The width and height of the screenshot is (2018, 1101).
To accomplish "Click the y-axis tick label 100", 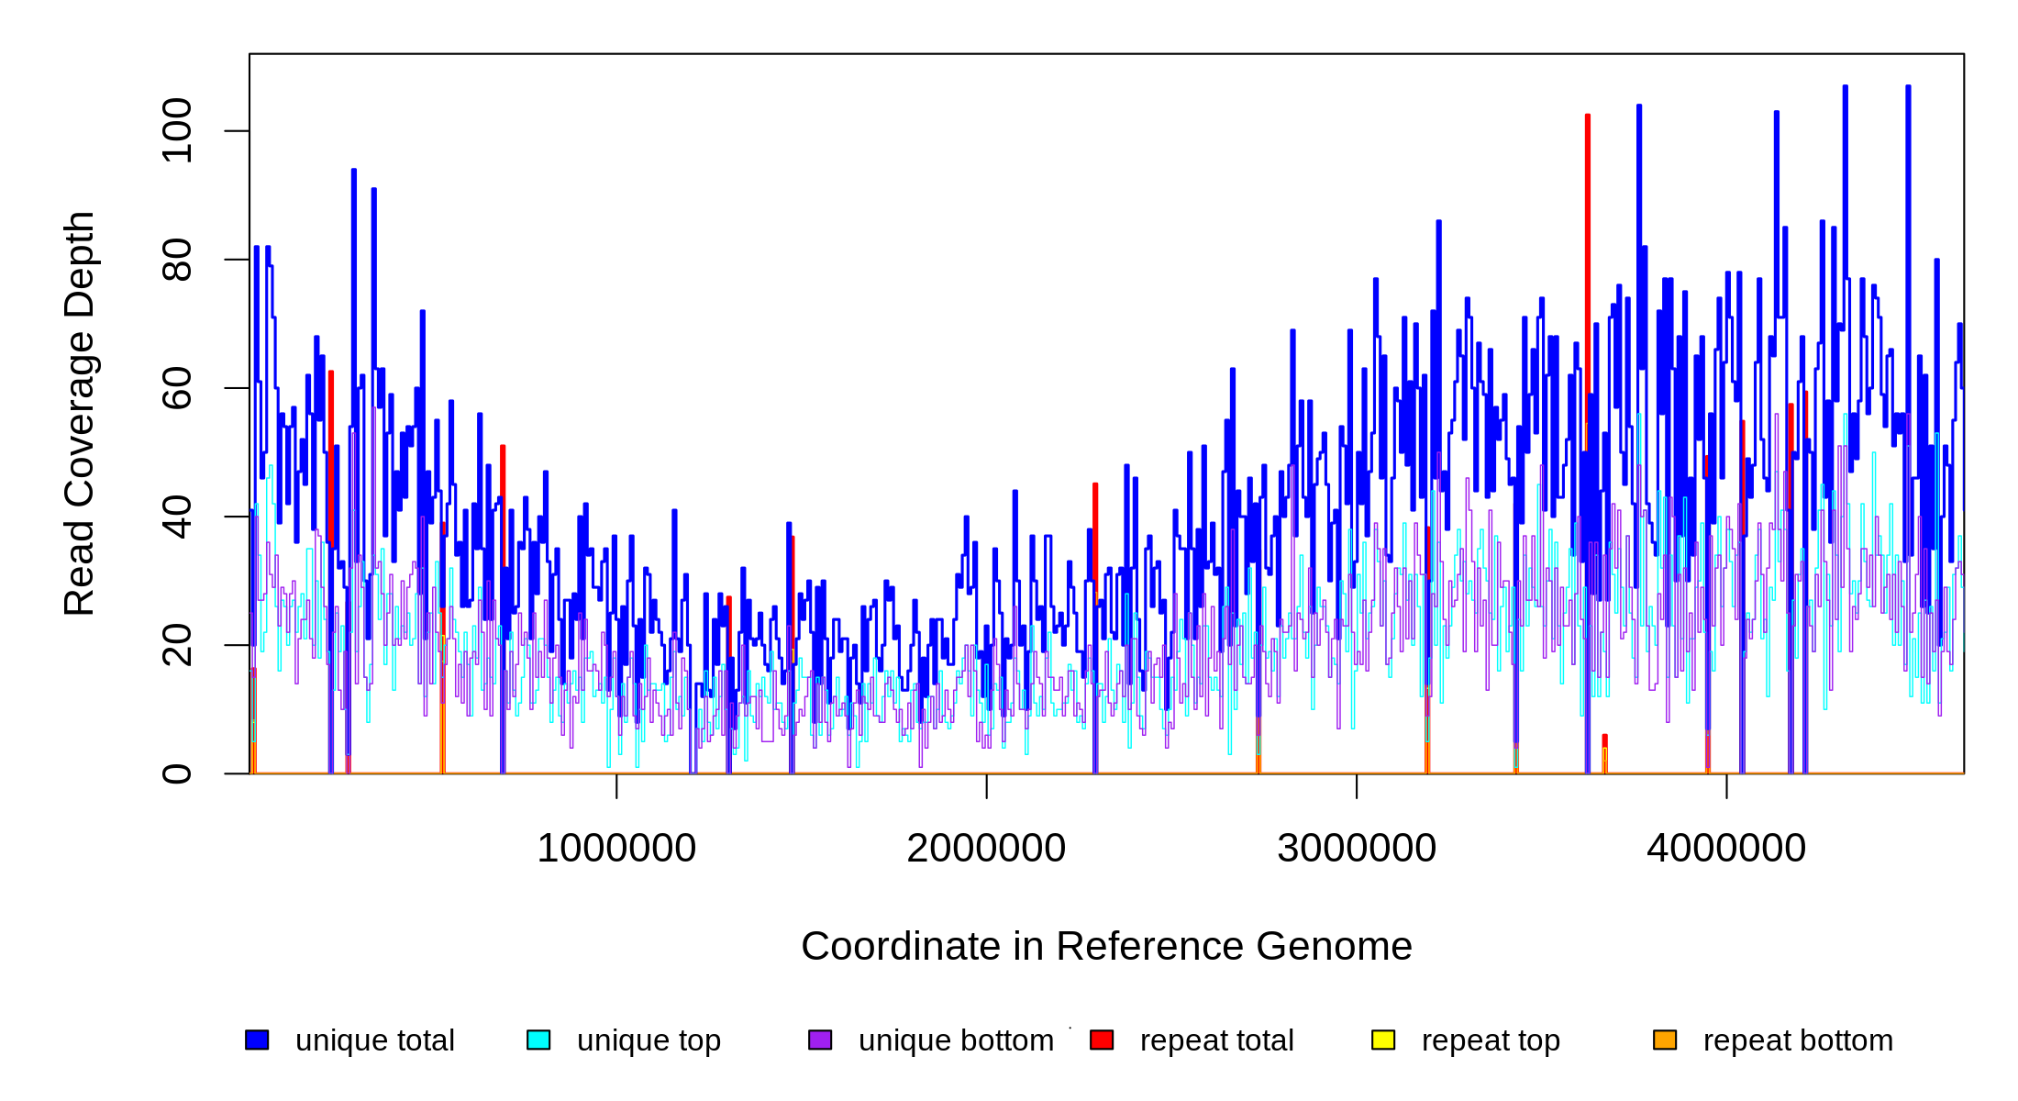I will pyautogui.click(x=176, y=131).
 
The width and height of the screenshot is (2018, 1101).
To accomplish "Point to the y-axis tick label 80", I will pyautogui.click(x=176, y=260).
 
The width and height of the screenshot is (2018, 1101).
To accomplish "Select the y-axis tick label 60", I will pyautogui.click(x=176, y=388).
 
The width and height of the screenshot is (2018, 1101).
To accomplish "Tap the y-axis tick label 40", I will pyautogui.click(x=176, y=517).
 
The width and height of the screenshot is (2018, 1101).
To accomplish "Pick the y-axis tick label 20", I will pyautogui.click(x=176, y=645).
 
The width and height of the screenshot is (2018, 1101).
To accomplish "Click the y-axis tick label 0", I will pyautogui.click(x=176, y=773).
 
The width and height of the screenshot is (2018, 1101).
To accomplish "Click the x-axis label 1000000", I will pyautogui.click(x=616, y=849).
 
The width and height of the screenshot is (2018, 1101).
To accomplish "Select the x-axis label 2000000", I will pyautogui.click(x=986, y=849).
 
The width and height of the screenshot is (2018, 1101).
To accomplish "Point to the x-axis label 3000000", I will pyautogui.click(x=1357, y=849).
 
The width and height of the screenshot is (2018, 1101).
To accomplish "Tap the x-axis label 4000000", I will pyautogui.click(x=1726, y=849).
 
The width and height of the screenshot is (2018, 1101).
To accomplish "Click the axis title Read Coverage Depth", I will pyautogui.click(x=80, y=413).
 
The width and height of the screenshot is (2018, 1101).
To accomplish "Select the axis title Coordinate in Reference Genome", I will pyautogui.click(x=1106, y=947).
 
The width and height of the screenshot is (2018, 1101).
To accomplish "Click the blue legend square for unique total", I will pyautogui.click(x=257, y=1040).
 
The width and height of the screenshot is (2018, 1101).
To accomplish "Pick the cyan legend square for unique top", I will pyautogui.click(x=538, y=1040).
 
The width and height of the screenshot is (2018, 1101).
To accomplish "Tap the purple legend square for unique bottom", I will pyautogui.click(x=820, y=1040).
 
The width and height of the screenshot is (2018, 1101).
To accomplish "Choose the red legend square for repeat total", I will pyautogui.click(x=1102, y=1040).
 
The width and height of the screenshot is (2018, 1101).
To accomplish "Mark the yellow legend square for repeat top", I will pyautogui.click(x=1383, y=1040).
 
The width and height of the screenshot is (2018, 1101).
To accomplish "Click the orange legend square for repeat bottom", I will pyautogui.click(x=1665, y=1040).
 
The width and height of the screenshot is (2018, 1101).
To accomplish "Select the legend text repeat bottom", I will pyautogui.click(x=1798, y=1040).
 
